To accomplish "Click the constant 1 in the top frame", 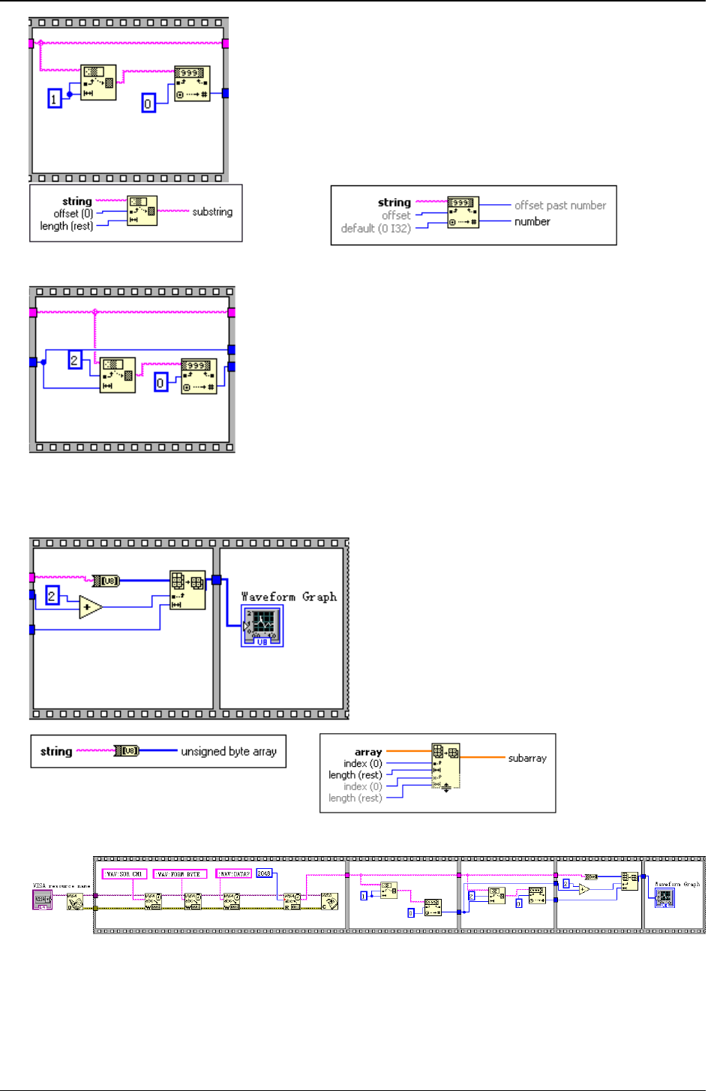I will tap(54, 98).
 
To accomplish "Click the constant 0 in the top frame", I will tap(148, 103).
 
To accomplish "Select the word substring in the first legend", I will tap(212, 212).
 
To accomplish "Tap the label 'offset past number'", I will tap(559, 206).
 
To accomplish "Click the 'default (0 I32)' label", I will tap(376, 228).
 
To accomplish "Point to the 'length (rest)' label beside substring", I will tap(66, 226).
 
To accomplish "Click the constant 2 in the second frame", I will tap(74, 360).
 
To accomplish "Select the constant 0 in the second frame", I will tap(160, 383).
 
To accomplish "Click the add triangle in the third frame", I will tap(90, 607).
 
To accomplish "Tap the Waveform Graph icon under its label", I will tap(262, 626).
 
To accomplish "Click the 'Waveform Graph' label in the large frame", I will tap(289, 597).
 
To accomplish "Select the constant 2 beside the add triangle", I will tap(52, 596).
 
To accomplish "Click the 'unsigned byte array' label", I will tap(229, 751).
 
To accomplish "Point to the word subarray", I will tap(527, 758).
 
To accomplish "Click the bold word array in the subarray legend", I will tap(368, 752).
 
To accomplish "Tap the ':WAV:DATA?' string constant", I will tap(233, 874).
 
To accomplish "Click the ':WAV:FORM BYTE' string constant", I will tap(180, 874).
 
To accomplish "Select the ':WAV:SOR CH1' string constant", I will tap(124, 874).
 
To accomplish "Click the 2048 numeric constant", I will tap(264, 873).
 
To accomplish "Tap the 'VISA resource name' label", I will tap(61, 886).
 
